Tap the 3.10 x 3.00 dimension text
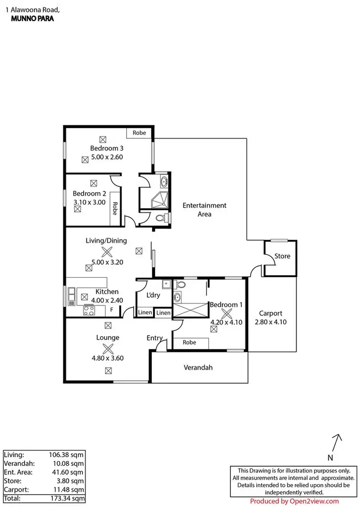click(89, 203)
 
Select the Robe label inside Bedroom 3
click(139, 132)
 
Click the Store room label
click(282, 256)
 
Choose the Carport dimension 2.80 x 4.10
click(271, 322)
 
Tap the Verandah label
click(198, 368)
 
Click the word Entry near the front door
click(155, 338)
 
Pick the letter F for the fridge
click(112, 310)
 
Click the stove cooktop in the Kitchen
click(89, 310)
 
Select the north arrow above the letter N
click(337, 441)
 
